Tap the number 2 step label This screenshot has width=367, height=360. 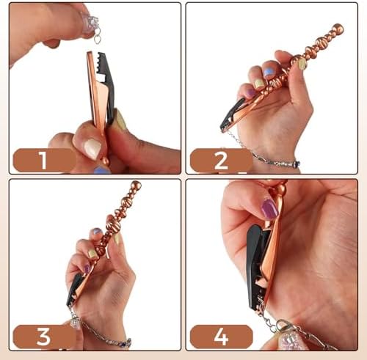[x=221, y=160]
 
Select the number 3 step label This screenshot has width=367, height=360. [x=44, y=337]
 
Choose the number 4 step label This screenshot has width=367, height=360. [x=221, y=337]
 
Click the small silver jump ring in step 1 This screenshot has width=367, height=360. [x=97, y=37]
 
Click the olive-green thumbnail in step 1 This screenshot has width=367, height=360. [x=119, y=120]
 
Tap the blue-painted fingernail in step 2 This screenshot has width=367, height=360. [x=269, y=73]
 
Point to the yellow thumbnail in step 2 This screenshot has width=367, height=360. [x=302, y=64]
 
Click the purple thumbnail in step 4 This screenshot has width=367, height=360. [x=269, y=210]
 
